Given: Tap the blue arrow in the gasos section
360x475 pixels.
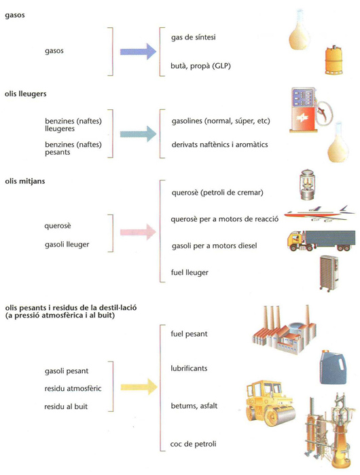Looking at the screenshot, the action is click(138, 52).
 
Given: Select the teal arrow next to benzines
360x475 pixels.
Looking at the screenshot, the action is click(138, 134).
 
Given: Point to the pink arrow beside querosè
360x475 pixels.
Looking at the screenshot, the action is click(138, 232).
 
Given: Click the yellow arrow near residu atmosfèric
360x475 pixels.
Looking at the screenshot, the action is click(139, 387).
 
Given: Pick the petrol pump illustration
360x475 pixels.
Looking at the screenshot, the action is click(310, 110).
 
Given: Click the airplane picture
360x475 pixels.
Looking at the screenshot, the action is click(320, 214).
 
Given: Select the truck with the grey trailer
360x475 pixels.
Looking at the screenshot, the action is click(321, 241).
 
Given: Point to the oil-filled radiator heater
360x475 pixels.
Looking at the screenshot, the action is click(329, 273).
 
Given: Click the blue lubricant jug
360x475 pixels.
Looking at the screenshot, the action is click(332, 368).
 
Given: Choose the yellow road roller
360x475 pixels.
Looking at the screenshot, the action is click(270, 402).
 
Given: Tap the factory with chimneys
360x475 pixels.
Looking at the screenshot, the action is click(284, 330).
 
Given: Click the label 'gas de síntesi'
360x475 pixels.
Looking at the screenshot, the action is click(194, 37).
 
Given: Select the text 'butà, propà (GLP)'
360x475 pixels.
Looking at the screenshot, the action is click(201, 66).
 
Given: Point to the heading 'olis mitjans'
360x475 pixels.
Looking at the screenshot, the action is click(25, 181).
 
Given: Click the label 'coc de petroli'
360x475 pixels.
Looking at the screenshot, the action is click(193, 444).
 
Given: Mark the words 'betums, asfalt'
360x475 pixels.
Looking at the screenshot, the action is click(194, 406).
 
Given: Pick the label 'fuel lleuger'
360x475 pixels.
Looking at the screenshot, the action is click(190, 273).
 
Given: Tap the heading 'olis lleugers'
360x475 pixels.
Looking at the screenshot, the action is click(26, 94).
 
